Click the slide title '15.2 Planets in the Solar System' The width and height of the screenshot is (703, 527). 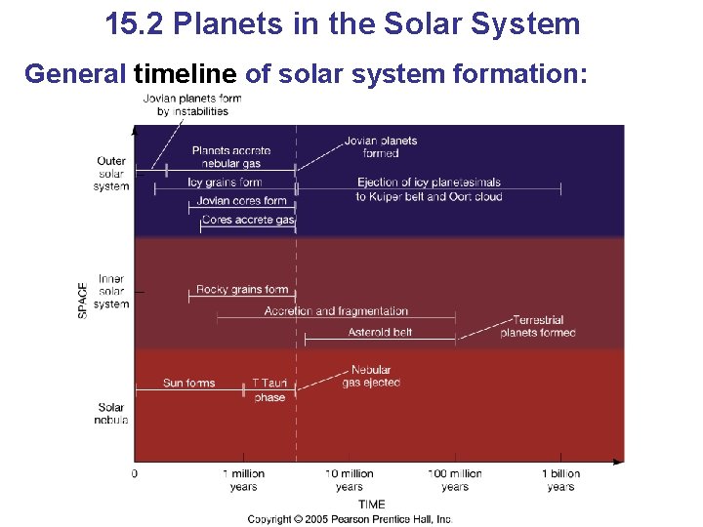[x=343, y=23]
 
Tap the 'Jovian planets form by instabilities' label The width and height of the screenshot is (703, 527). [x=191, y=105]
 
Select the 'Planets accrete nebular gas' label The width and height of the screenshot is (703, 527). [x=231, y=157]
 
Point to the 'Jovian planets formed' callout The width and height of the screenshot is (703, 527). [x=381, y=146]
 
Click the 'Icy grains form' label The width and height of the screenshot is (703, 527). [x=225, y=182]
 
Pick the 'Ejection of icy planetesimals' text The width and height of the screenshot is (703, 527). [x=429, y=182]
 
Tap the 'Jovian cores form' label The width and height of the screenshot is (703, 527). [x=241, y=201]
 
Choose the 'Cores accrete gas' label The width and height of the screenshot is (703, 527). [x=248, y=221]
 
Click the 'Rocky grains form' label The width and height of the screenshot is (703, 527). [x=241, y=289]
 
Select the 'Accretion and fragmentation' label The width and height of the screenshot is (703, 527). [x=336, y=311]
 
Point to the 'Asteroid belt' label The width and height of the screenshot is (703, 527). [x=380, y=333]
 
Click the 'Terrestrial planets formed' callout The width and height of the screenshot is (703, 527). [x=537, y=327]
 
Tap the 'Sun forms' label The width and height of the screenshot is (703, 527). [x=188, y=384]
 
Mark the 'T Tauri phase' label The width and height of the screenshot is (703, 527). [x=269, y=390]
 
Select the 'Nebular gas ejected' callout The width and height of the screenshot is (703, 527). [x=371, y=377]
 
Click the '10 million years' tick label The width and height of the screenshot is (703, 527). [x=350, y=480]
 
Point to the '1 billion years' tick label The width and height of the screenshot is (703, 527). [x=560, y=480]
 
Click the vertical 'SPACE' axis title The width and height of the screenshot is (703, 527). [x=83, y=300]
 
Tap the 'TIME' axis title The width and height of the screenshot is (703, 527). [x=371, y=505]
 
